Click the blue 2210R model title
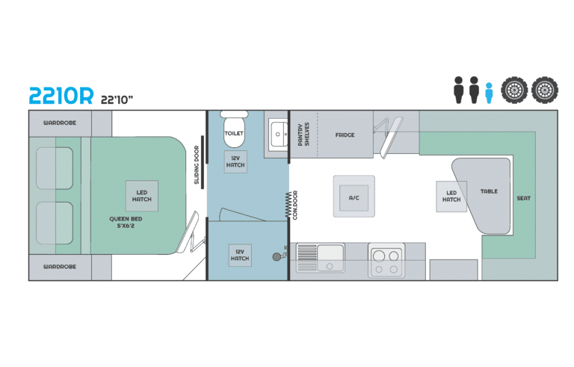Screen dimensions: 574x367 (61, 96)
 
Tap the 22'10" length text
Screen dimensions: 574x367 (117, 99)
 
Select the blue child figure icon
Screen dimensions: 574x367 (489, 93)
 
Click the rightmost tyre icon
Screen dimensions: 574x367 (545, 90)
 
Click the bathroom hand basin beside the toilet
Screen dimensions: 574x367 (279, 135)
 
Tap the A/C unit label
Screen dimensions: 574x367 (354, 198)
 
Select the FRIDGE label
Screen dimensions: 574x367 (345, 135)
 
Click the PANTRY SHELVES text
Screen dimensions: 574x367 (303, 135)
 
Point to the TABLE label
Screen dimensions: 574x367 (489, 191)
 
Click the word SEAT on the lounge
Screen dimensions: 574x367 (523, 199)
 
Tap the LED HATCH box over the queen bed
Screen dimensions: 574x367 (142, 196)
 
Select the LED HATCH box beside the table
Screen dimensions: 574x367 (451, 197)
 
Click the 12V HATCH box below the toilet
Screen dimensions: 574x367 (235, 161)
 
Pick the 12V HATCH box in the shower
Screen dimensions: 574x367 (240, 255)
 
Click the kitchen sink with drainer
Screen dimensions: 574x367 (321, 258)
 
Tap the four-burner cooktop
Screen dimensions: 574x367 (386, 260)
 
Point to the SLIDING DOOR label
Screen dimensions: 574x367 (197, 165)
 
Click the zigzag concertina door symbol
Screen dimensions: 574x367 (288, 205)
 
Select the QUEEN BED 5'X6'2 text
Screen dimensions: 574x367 (126, 222)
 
